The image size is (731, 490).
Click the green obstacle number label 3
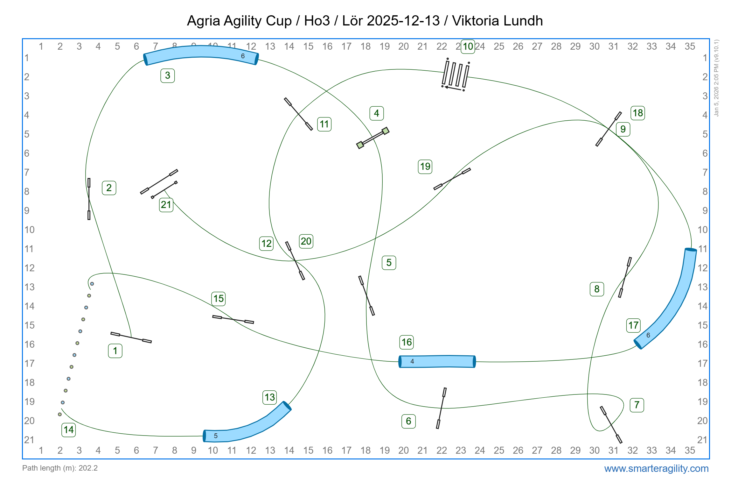167,76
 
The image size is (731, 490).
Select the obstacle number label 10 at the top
468,46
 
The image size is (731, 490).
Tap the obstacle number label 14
69,430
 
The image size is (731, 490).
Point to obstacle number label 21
166,205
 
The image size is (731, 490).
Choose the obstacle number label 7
637,405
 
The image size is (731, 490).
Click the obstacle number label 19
425,167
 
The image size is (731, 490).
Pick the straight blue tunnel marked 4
437,362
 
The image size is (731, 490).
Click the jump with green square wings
373,138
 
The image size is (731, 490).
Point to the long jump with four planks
456,74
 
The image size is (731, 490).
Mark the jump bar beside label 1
131,337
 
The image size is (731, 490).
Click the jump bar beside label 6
441,408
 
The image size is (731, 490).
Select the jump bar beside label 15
233,319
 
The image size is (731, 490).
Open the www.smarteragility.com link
656,468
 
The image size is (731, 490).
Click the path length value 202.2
88,468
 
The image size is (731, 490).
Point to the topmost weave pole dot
92,284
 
